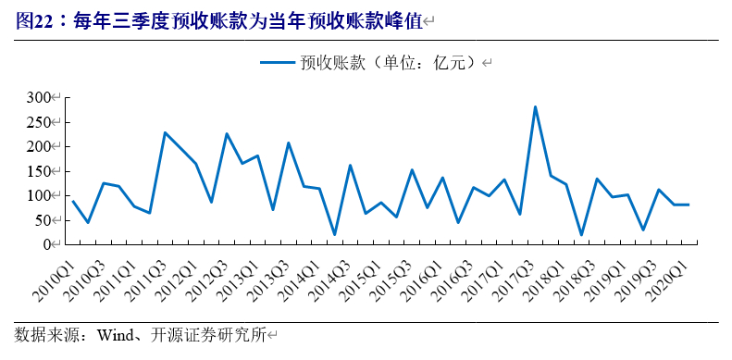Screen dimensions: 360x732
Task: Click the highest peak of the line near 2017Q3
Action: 535,106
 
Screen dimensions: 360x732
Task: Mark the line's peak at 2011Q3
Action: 165,132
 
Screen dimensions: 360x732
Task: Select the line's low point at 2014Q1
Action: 334,235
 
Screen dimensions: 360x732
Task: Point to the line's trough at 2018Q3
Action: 581,235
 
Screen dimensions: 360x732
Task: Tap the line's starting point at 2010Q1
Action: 72,201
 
